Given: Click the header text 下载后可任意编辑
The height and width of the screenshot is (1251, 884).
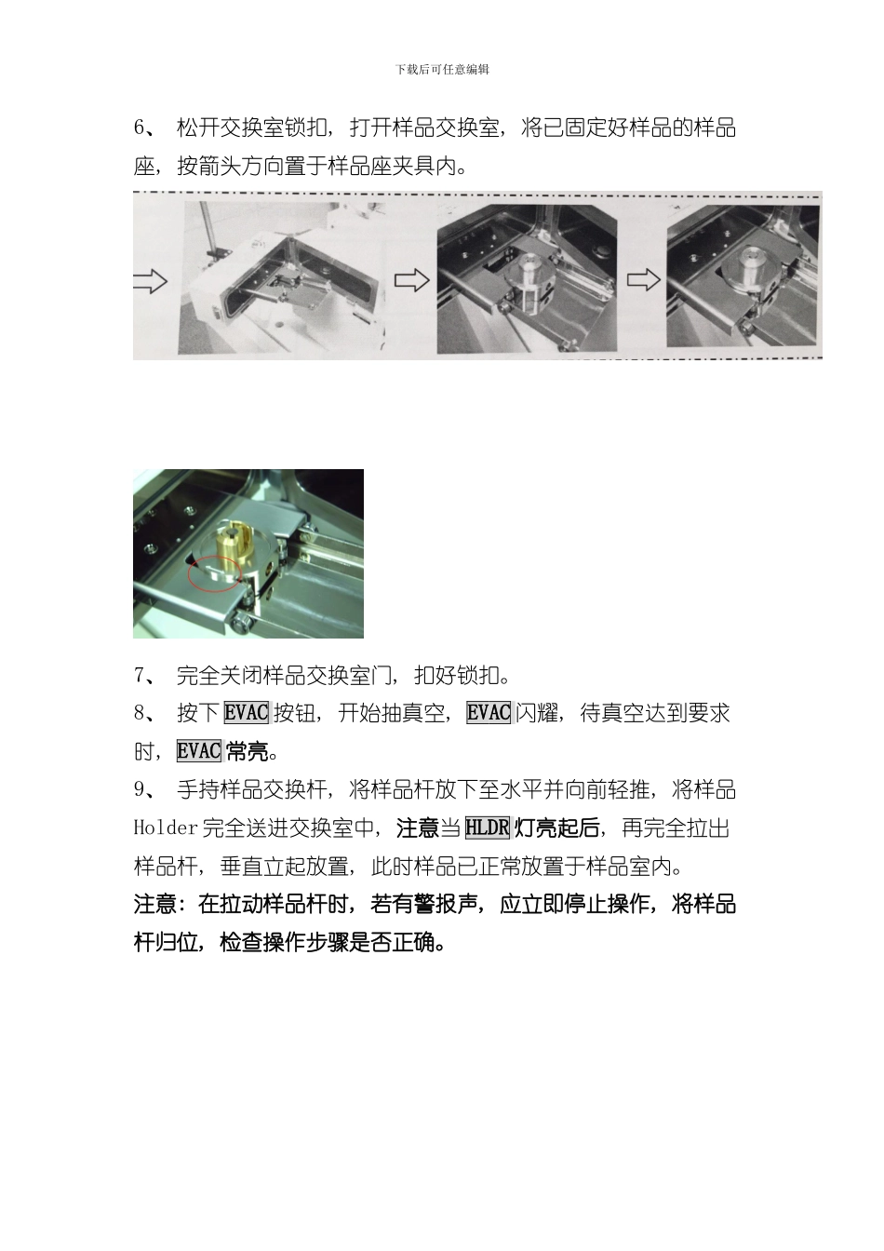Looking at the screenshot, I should pyautogui.click(x=442, y=69).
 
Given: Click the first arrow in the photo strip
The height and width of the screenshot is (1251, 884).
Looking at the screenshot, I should pyautogui.click(x=150, y=281).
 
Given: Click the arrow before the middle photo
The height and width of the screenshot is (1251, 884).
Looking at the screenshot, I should pyautogui.click(x=411, y=280).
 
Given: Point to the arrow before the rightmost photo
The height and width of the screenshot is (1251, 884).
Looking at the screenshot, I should pyautogui.click(x=643, y=279).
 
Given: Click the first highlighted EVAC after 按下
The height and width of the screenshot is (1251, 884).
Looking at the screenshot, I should pyautogui.click(x=247, y=713).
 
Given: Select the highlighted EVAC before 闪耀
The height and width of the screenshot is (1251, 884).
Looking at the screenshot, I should pyautogui.click(x=489, y=713).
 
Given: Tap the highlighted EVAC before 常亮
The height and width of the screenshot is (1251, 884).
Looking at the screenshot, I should pyautogui.click(x=199, y=751).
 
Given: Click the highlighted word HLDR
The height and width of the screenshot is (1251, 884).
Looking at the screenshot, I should pyautogui.click(x=488, y=827).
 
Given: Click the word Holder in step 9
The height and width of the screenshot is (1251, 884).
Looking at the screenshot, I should pyautogui.click(x=166, y=827).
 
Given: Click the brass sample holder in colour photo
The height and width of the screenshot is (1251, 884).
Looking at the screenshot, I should pyautogui.click(x=235, y=545).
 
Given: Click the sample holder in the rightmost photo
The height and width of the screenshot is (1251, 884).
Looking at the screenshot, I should pyautogui.click(x=751, y=270).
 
